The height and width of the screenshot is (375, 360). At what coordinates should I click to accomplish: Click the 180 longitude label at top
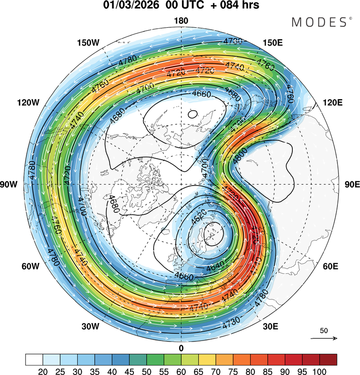tap(181, 21)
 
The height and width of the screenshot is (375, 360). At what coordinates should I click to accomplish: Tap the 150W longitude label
tap(88, 43)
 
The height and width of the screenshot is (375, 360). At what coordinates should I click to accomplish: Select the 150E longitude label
tap(273, 43)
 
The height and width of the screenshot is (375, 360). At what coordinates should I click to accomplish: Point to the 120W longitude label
tap(28, 102)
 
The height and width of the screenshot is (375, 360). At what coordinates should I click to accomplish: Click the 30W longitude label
tap(90, 327)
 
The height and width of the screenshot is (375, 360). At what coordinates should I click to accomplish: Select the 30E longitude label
tap(271, 327)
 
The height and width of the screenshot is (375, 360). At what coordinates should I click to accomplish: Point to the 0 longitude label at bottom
tap(181, 348)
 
